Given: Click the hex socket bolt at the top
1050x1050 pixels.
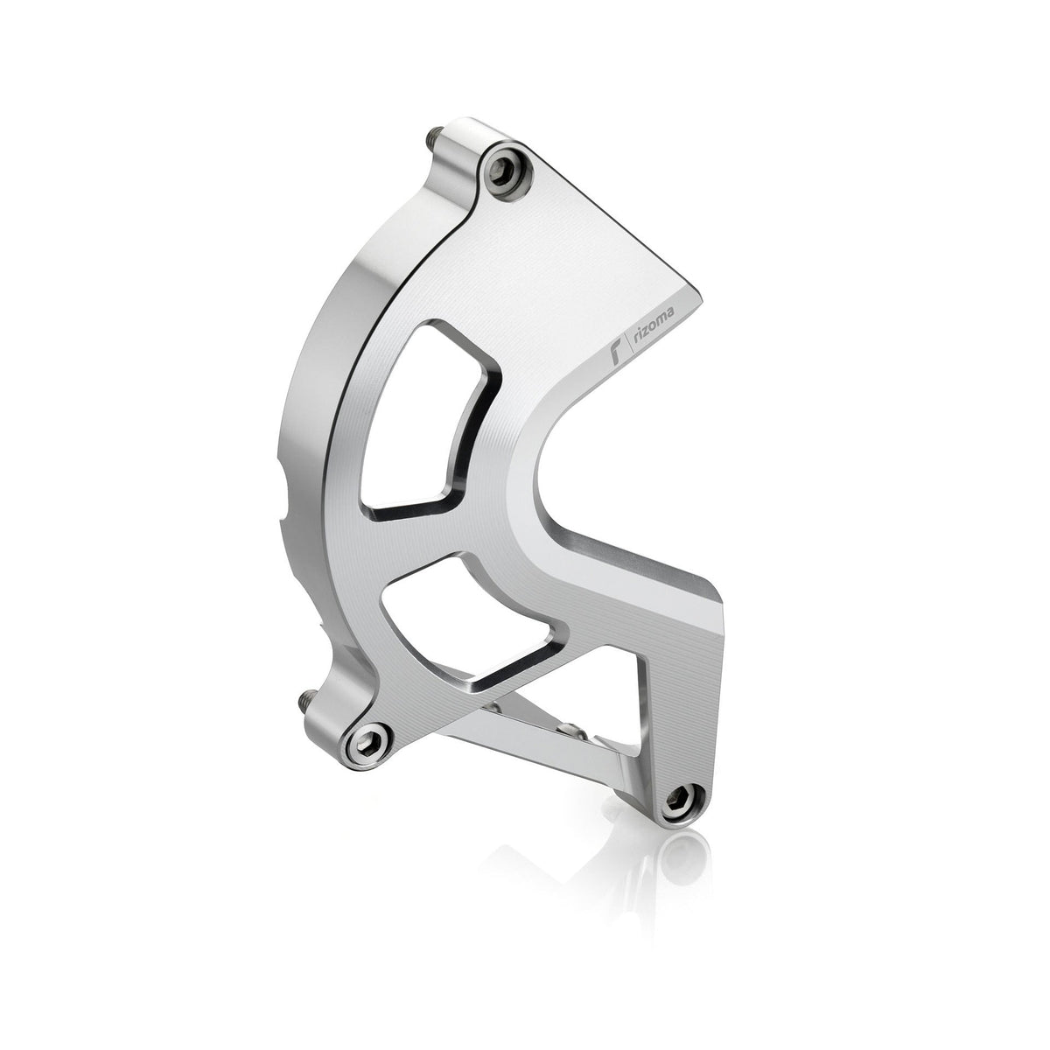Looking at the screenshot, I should coord(505,164).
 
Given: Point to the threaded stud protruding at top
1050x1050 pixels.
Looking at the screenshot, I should coord(431,138).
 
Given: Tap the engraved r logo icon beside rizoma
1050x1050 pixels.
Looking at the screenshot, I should coord(615,355).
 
